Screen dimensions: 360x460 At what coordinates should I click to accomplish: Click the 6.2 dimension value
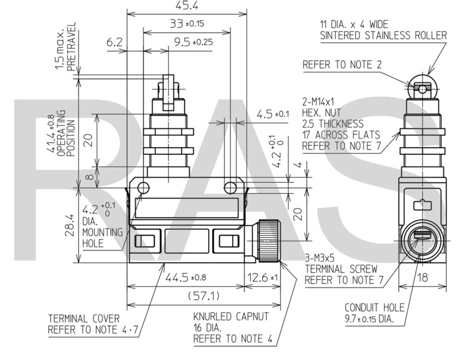click(115, 42)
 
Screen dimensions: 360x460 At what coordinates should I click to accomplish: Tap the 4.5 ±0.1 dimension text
click(273, 114)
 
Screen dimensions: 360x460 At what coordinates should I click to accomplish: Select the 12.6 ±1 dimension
click(262, 278)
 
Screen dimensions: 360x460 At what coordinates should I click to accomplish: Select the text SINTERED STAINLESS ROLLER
click(383, 36)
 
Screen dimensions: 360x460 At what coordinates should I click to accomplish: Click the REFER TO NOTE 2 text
click(342, 64)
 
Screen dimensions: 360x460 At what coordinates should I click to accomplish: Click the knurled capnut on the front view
click(267, 241)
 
